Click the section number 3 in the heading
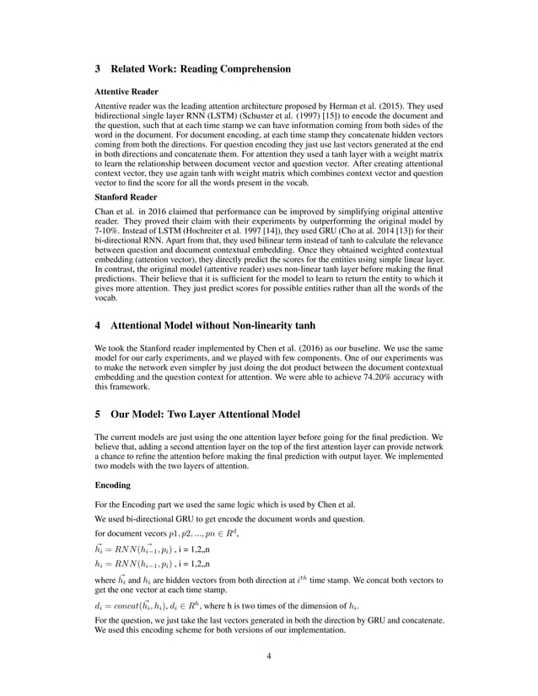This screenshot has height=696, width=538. point(98,68)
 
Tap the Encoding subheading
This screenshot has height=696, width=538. point(112,486)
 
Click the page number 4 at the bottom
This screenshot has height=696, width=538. point(269,656)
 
